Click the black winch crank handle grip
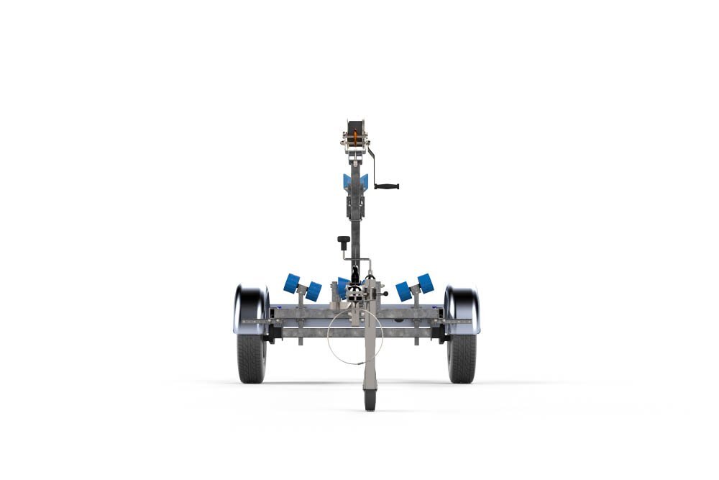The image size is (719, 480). click(387, 186)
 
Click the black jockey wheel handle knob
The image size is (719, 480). click(344, 240)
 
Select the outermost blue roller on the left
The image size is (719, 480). click(291, 283)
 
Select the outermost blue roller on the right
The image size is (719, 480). click(426, 283)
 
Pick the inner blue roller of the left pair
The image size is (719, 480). click(313, 291)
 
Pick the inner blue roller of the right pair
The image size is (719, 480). click(403, 291)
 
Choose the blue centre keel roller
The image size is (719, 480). click(343, 287)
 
